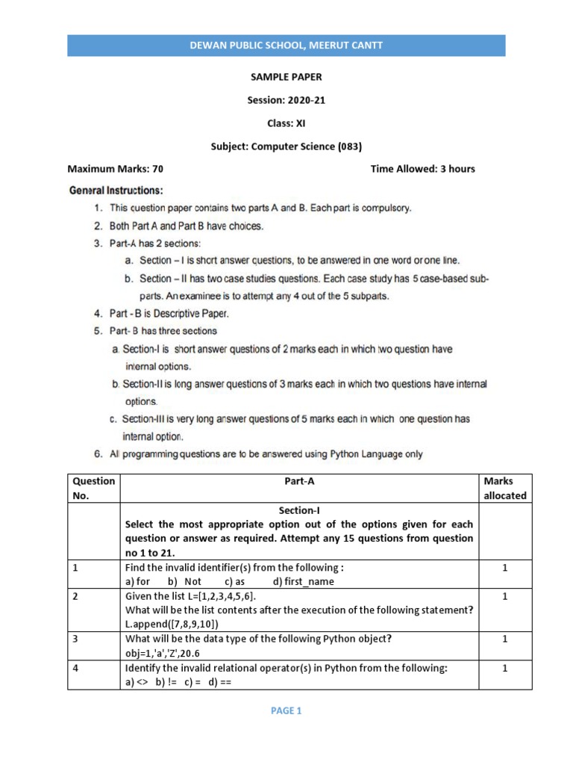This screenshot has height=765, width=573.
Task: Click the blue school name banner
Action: (x=286, y=46)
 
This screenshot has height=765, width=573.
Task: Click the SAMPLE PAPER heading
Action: (x=286, y=77)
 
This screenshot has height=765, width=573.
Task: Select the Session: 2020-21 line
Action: (x=286, y=100)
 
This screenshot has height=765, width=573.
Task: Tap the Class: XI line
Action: (x=286, y=123)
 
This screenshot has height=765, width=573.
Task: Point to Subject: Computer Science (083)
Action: (x=286, y=146)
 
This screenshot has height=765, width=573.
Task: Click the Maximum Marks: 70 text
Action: (x=116, y=169)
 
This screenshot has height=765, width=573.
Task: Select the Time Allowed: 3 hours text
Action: (x=422, y=169)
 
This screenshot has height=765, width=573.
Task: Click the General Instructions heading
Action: (x=116, y=191)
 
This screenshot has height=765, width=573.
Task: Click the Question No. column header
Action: (x=93, y=488)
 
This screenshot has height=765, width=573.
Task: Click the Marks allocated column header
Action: (x=504, y=488)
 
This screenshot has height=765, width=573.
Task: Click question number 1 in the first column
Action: (x=75, y=568)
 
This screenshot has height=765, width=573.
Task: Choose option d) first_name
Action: (x=304, y=581)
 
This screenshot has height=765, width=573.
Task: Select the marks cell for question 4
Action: (x=504, y=669)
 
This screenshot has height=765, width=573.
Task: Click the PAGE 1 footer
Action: (x=286, y=711)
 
